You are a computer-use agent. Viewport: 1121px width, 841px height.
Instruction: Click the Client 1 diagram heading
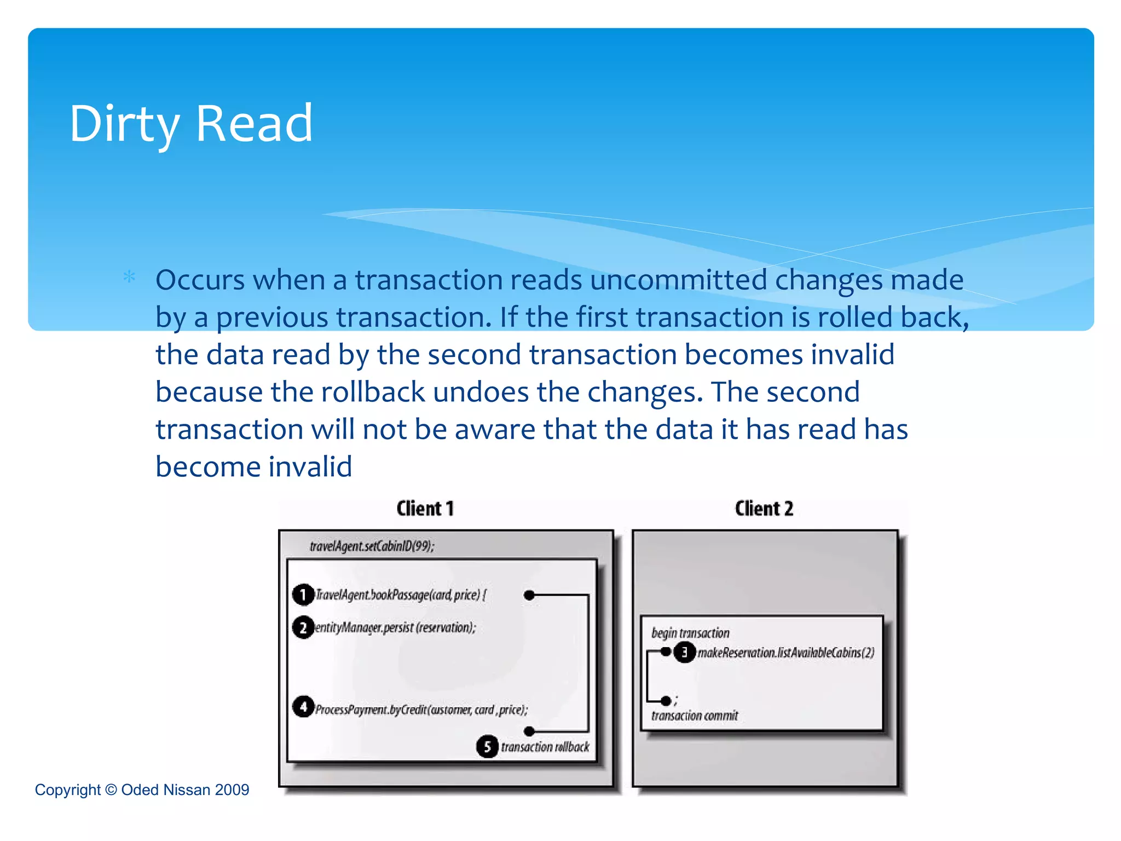point(425,509)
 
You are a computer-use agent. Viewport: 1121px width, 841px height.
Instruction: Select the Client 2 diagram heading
point(764,509)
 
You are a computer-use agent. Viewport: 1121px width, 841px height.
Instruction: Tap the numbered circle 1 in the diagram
point(303,595)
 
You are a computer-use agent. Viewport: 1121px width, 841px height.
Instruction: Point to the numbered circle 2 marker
point(303,627)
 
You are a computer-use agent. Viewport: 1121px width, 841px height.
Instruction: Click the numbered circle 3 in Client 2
point(684,652)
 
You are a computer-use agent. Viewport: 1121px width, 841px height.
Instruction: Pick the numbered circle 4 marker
point(303,707)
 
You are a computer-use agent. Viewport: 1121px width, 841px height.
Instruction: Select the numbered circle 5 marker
point(487,747)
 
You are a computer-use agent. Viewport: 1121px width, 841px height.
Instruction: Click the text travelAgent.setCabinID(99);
point(372,546)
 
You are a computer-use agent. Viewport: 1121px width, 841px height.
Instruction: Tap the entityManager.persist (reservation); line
point(395,628)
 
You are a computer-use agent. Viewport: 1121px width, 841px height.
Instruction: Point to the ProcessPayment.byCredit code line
point(421,710)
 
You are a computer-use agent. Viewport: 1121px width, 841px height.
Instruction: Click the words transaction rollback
point(545,747)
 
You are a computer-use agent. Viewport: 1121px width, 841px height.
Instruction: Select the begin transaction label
point(690,633)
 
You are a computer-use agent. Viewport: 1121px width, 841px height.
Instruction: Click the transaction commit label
point(695,716)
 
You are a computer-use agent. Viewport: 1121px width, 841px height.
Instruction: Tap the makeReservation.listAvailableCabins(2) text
point(786,653)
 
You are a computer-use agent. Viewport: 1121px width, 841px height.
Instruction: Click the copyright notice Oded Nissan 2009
point(142,790)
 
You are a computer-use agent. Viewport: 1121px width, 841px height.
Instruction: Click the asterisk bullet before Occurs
point(129,277)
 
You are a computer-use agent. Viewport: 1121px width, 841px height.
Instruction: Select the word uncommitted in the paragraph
point(679,280)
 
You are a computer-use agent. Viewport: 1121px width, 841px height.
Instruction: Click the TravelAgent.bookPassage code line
point(401,595)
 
